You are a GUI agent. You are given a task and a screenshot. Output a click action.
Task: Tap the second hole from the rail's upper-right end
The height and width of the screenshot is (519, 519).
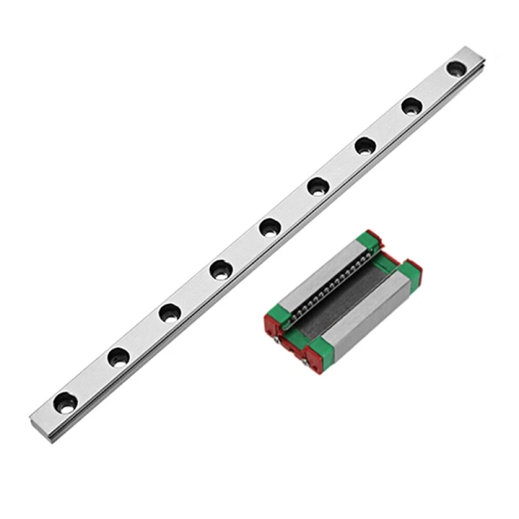(412, 107)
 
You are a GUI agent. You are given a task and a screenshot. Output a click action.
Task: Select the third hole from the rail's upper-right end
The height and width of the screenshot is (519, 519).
(365, 146)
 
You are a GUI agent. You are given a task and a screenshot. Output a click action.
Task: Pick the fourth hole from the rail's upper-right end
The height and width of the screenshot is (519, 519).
(318, 187)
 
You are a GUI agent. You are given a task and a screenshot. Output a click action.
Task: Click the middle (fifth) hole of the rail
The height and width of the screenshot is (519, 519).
(269, 228)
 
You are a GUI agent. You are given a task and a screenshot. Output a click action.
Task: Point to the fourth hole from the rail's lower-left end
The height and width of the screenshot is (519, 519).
(221, 270)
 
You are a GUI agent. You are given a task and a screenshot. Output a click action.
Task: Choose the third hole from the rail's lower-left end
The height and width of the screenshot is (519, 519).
(170, 313)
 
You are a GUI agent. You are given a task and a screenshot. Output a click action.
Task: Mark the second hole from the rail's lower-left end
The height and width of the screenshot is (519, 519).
(118, 357)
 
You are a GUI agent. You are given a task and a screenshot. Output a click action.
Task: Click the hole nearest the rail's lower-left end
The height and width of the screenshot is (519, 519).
(65, 402)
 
